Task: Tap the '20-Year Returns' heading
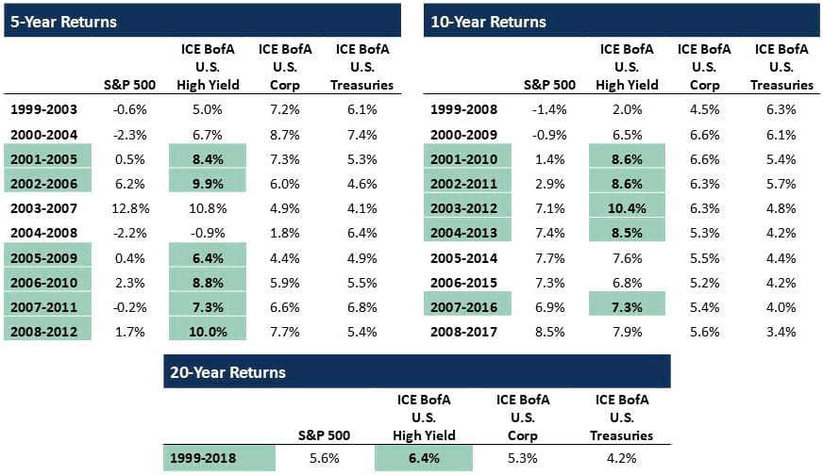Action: tap(228, 372)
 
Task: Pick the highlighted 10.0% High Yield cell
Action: tap(208, 332)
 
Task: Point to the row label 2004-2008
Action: tap(44, 233)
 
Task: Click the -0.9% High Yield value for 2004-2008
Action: tap(208, 233)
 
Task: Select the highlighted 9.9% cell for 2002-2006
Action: tap(208, 184)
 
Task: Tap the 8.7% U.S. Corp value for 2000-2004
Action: tap(284, 135)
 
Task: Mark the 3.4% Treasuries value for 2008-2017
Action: tap(781, 332)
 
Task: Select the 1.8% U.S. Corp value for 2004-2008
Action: tap(284, 233)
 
